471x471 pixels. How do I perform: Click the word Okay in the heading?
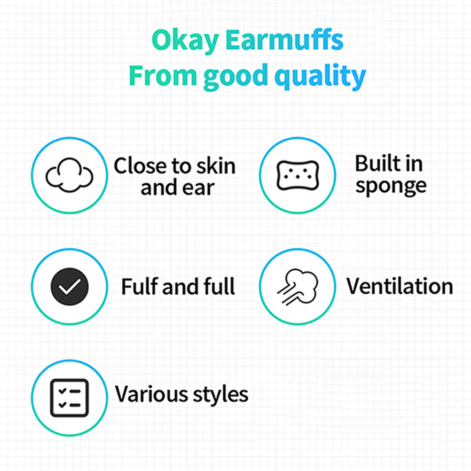pyautogui.click(x=185, y=40)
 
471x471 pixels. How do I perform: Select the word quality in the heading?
pyautogui.click(x=320, y=76)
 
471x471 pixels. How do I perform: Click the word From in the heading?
pyautogui.click(x=163, y=76)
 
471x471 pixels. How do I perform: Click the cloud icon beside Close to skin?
pyautogui.click(x=70, y=175)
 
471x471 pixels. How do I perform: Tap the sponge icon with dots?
pyautogui.click(x=298, y=175)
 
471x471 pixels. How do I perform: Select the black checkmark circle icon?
pyautogui.click(x=70, y=287)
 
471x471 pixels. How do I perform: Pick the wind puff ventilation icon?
pyautogui.click(x=298, y=287)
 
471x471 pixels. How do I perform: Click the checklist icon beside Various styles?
pyautogui.click(x=70, y=398)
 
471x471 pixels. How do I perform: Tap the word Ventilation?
pyautogui.click(x=400, y=286)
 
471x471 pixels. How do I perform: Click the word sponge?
pyautogui.click(x=391, y=187)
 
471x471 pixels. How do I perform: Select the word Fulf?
pyautogui.click(x=140, y=286)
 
